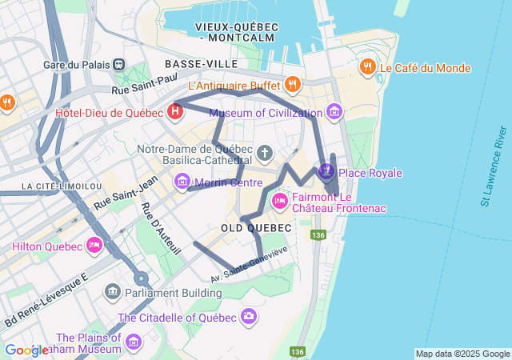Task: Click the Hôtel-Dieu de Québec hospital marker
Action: [x=175, y=112]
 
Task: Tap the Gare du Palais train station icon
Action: [x=119, y=64]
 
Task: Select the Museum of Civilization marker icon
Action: [x=334, y=113]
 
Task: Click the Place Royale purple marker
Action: [x=326, y=170]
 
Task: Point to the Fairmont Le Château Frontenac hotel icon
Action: [x=280, y=198]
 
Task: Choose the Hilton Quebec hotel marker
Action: [x=94, y=246]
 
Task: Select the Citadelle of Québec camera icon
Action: [x=249, y=318]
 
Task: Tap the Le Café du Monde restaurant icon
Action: [x=368, y=68]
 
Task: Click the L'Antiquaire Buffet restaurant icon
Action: [x=292, y=84]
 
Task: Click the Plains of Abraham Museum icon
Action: [x=133, y=343]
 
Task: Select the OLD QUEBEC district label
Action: [x=252, y=227]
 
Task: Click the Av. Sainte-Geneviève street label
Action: [x=249, y=266]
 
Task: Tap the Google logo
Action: [x=26, y=350]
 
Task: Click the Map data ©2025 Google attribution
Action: [x=462, y=354]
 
